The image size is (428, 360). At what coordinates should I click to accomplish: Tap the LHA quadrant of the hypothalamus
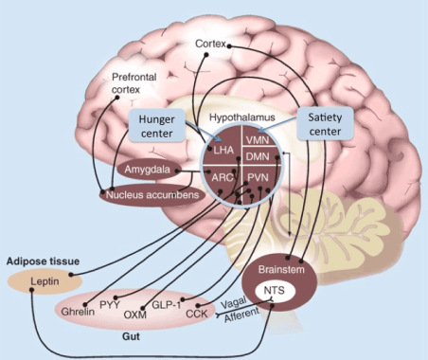[223, 150]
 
